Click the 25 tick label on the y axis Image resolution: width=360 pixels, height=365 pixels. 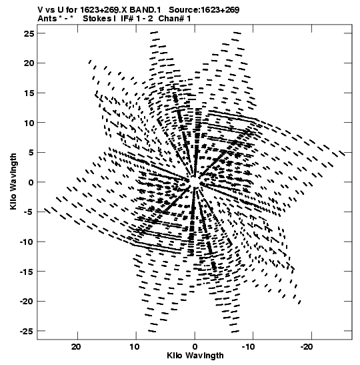pyautogui.click(x=29, y=33)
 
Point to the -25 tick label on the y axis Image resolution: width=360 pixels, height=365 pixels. pyautogui.click(x=27, y=331)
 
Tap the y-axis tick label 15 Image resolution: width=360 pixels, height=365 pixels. pyautogui.click(x=29, y=93)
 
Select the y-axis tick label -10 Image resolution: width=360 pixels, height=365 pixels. pyautogui.click(x=27, y=242)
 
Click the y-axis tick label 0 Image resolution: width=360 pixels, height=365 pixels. pyautogui.click(x=31, y=183)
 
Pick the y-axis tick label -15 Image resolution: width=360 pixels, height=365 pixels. pyautogui.click(x=27, y=272)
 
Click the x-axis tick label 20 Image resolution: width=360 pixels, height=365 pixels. pyautogui.click(x=76, y=347)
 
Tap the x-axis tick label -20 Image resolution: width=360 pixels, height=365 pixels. pyautogui.click(x=306, y=347)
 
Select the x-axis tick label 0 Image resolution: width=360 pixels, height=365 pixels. pyautogui.click(x=195, y=347)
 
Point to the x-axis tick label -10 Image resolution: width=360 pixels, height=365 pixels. pyautogui.click(x=248, y=347)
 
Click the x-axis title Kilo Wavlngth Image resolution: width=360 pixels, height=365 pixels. pyautogui.click(x=195, y=356)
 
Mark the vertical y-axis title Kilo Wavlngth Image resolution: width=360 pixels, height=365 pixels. pyautogui.click(x=13, y=181)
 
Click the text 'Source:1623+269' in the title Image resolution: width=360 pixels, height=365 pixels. pyautogui.click(x=204, y=10)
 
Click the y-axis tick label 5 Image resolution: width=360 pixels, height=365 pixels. pyautogui.click(x=31, y=153)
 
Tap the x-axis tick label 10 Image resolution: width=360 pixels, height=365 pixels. pyautogui.click(x=135, y=347)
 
